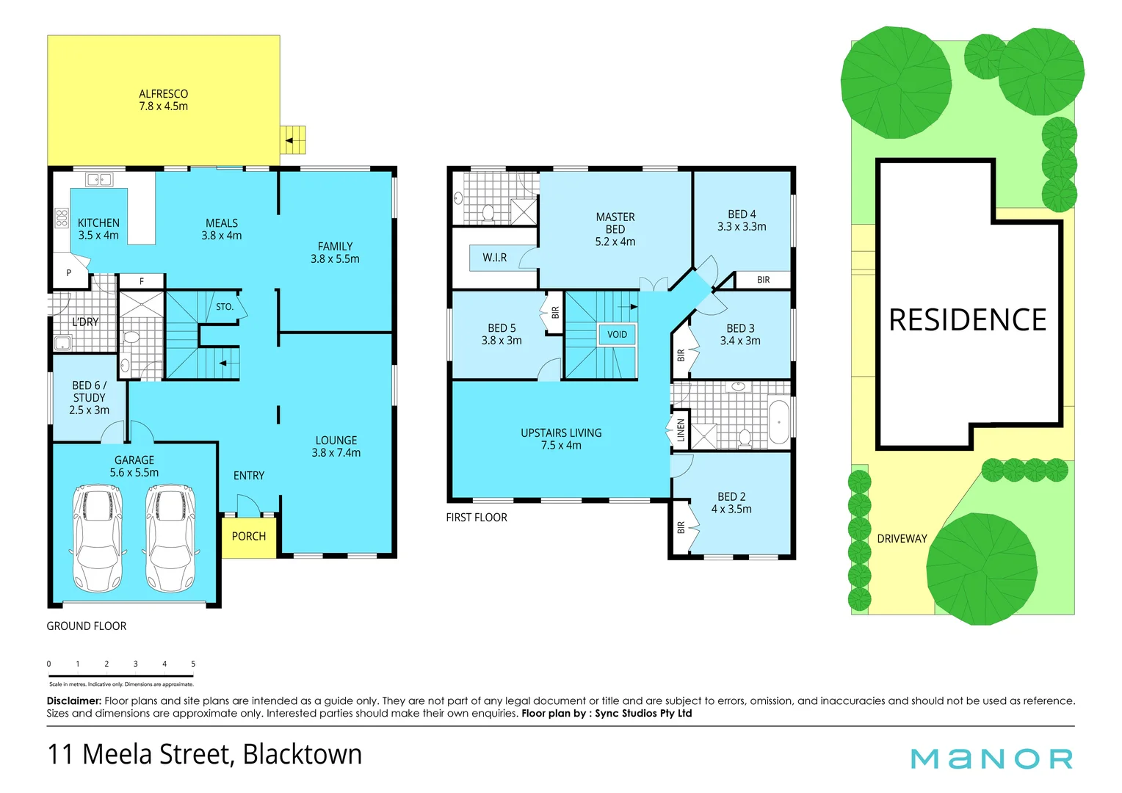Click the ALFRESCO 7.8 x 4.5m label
tap(163, 100)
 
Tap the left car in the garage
tap(98, 538)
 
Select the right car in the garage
tap(170, 538)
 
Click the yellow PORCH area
tap(249, 537)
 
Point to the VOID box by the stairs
tap(617, 335)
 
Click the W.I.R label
tap(494, 258)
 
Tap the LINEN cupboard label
tap(681, 430)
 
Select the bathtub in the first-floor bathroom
tap(778, 422)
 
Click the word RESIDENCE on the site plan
tap(967, 320)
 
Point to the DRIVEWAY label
tap(902, 539)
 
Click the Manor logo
tap(991, 758)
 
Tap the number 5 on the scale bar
tap(193, 664)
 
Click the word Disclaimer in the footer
tap(74, 701)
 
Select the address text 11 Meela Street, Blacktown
tap(205, 755)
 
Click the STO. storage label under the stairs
tap(225, 307)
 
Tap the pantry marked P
tap(69, 273)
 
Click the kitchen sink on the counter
tap(98, 179)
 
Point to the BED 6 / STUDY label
tap(89, 397)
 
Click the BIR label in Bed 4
tap(763, 280)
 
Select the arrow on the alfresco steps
tap(291, 140)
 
